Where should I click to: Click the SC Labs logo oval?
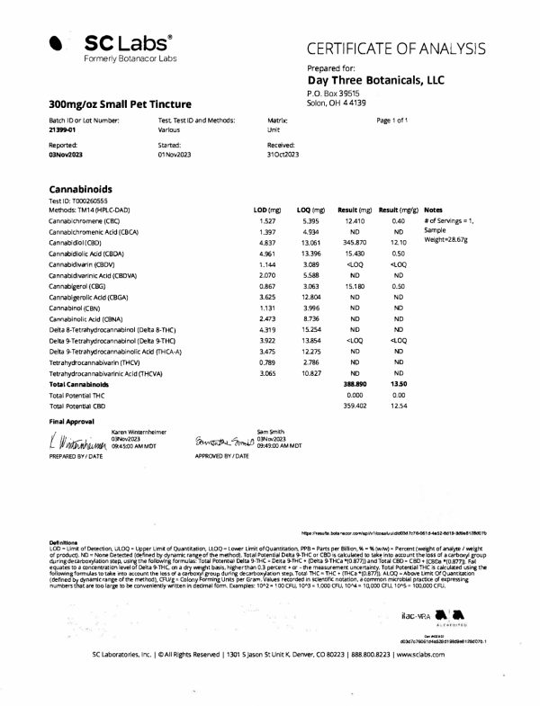tap(57, 42)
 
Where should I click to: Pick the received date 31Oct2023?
tap(285, 155)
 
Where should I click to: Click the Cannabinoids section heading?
tap(85, 190)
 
